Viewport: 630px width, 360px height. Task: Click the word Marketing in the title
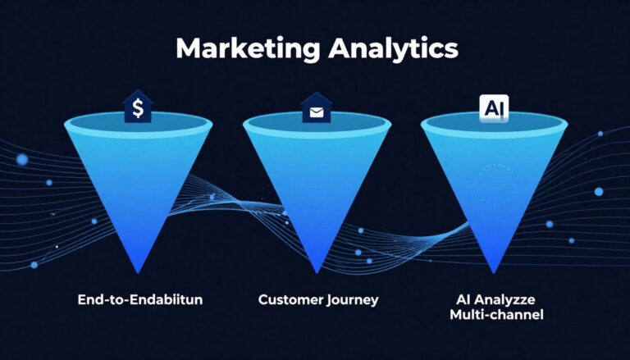tap(247, 48)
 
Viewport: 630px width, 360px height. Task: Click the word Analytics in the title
tap(392, 48)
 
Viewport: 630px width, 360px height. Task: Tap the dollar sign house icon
tap(138, 107)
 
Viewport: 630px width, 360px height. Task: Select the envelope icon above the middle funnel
tap(315, 107)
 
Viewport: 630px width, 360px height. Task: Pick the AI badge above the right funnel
tap(492, 107)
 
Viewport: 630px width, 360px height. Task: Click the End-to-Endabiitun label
tap(139, 299)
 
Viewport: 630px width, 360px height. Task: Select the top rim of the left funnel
tap(138, 123)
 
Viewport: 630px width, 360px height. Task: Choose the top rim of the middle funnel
tap(315, 123)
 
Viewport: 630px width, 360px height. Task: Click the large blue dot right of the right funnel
tap(598, 191)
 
